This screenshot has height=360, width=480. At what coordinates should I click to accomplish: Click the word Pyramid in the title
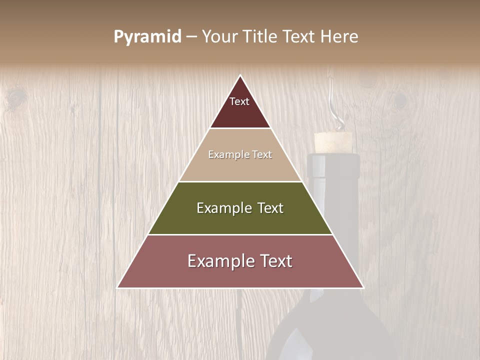(x=147, y=37)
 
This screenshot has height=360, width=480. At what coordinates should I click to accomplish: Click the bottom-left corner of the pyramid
(x=118, y=287)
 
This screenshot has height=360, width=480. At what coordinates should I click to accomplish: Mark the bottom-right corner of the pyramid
(x=363, y=287)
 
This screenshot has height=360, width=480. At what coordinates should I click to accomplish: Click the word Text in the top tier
(x=239, y=101)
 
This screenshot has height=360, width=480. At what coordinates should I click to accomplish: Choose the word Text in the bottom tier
(x=273, y=261)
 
